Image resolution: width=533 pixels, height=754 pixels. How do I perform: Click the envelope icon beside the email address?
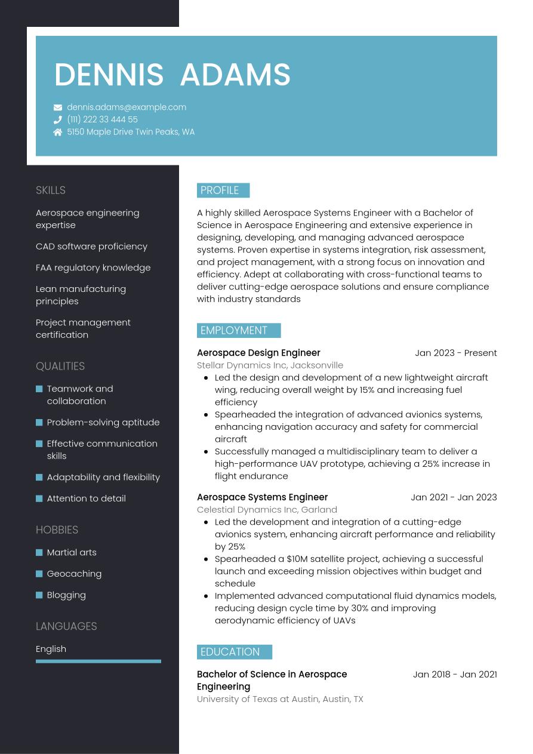(x=58, y=107)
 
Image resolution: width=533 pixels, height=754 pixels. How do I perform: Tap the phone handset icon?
(x=58, y=119)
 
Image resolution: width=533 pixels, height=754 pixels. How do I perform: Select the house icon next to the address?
(x=58, y=132)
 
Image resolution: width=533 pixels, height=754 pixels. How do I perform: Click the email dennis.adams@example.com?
(x=127, y=107)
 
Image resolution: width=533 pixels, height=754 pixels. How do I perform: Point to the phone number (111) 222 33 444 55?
(x=102, y=119)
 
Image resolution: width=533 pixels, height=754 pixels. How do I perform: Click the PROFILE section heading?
(x=220, y=190)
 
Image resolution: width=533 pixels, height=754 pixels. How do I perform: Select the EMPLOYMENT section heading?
(x=234, y=331)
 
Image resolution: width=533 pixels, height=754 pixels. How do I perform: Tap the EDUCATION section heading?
(x=230, y=652)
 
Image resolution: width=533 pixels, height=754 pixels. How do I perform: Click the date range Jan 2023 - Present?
(x=455, y=353)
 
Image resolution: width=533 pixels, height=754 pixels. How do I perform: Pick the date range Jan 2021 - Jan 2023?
(x=454, y=497)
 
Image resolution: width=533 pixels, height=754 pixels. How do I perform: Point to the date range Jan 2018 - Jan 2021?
(x=455, y=675)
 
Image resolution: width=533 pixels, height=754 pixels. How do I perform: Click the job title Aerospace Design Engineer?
(x=258, y=353)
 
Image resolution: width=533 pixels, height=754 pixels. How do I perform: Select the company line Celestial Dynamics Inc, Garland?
(x=267, y=510)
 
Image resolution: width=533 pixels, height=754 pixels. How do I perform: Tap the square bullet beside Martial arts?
(x=39, y=553)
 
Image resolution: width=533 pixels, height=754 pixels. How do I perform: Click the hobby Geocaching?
(x=74, y=574)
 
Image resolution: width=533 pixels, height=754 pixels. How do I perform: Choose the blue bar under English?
(x=98, y=661)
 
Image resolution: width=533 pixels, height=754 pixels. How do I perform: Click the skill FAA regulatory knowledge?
(x=93, y=267)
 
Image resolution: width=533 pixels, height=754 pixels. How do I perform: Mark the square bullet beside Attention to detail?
(x=39, y=498)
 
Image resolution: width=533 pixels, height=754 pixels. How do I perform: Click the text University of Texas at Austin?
(x=257, y=699)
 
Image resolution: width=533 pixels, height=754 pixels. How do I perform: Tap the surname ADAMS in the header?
(x=235, y=75)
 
